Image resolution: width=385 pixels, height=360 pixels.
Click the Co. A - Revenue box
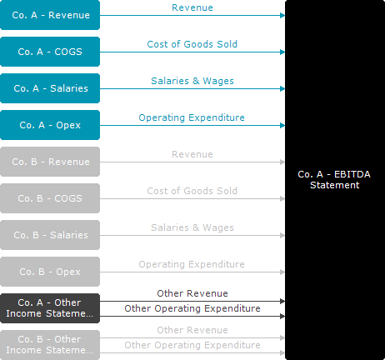[50, 15]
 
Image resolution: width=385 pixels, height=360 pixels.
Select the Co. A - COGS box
[50, 52]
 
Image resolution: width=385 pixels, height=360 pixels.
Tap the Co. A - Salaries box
[50, 88]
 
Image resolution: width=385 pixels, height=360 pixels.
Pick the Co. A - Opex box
[50, 125]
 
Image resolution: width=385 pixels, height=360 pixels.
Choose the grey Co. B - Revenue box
[50, 162]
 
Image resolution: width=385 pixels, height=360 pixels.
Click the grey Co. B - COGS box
[50, 198]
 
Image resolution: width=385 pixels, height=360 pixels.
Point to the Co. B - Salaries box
[50, 235]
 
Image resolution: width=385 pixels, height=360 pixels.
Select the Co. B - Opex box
[50, 272]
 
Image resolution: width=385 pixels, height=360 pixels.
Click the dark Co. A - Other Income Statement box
[50, 308]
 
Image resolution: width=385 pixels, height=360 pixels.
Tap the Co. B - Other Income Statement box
[50, 345]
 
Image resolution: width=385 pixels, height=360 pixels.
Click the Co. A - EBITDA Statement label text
[334, 180]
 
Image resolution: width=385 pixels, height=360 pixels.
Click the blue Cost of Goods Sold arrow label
[192, 44]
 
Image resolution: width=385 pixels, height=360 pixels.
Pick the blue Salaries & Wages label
[192, 81]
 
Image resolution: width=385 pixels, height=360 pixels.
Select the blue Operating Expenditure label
[192, 117]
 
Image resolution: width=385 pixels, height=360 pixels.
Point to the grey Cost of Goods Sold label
[192, 191]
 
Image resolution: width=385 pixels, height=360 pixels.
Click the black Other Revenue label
[192, 293]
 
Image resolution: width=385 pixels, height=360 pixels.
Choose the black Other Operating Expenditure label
[192, 308]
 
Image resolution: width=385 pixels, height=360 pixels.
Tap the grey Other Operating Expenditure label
[192, 345]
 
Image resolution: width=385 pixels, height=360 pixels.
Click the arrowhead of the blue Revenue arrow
[282, 15]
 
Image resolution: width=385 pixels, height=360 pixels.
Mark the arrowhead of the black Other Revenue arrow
[282, 301]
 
